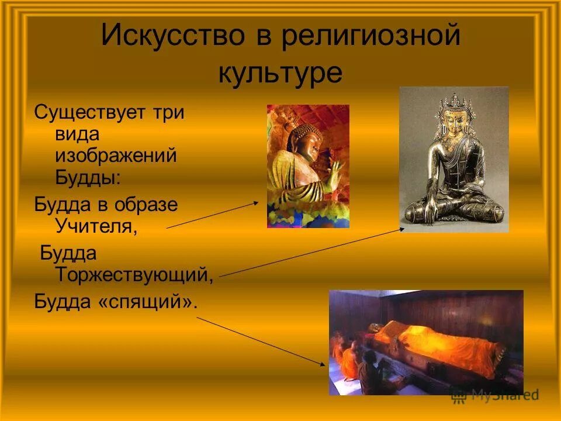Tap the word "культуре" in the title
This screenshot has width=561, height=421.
click(x=280, y=73)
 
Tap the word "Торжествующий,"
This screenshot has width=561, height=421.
click(x=134, y=274)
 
